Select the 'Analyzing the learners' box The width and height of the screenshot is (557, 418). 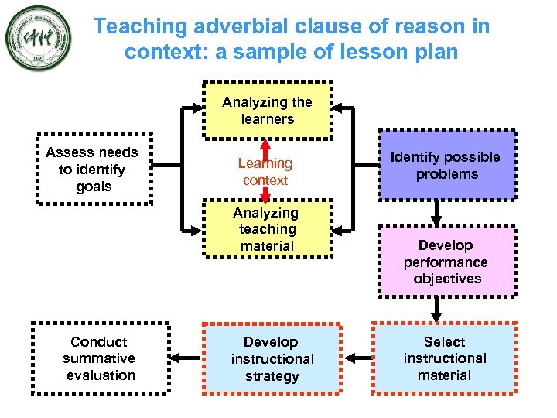(x=268, y=110)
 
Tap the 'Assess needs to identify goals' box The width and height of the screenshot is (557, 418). (x=92, y=170)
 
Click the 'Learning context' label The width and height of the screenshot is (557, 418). (x=265, y=172)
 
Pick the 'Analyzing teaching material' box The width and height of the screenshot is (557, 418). (x=268, y=229)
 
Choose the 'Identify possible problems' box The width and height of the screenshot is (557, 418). (x=446, y=166)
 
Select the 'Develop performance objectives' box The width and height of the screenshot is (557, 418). (x=446, y=262)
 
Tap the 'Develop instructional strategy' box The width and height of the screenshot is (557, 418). (x=272, y=359)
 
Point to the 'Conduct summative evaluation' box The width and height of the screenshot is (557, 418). (x=99, y=358)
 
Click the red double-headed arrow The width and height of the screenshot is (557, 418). (x=265, y=172)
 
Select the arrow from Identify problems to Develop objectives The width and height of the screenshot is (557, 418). (x=436, y=212)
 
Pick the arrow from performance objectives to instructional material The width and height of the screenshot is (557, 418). (x=436, y=310)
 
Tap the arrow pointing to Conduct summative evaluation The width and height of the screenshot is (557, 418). (x=186, y=358)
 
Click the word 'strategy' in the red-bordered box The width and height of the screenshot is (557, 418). (x=272, y=376)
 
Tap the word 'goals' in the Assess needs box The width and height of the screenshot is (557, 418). (x=94, y=187)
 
